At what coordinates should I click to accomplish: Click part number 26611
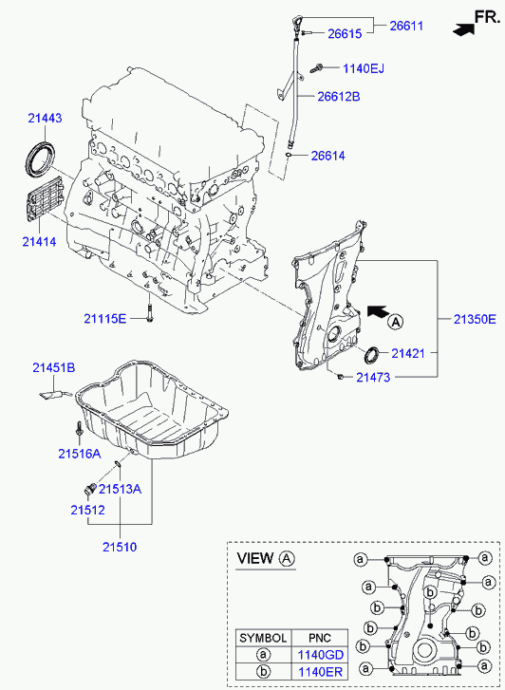click(406, 26)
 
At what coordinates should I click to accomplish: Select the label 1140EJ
click(364, 68)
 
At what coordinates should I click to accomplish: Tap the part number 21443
click(45, 118)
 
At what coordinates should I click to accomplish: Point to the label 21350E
click(475, 319)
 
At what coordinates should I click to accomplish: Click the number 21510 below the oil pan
click(120, 547)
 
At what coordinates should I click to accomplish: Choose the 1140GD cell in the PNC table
click(320, 655)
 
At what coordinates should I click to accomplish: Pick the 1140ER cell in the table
click(320, 672)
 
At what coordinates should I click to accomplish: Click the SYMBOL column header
click(263, 638)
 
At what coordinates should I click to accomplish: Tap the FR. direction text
click(487, 17)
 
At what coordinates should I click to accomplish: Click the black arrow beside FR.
click(463, 30)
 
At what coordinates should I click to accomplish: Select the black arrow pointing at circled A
click(378, 311)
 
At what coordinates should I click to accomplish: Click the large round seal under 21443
click(40, 159)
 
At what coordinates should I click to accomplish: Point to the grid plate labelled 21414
click(45, 199)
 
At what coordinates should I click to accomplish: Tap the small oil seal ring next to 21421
click(372, 355)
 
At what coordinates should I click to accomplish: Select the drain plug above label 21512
click(89, 489)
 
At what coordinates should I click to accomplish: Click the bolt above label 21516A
click(79, 429)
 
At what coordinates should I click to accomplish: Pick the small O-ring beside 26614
click(289, 155)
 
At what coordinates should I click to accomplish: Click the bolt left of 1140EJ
click(316, 67)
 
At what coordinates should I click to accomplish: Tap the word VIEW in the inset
click(255, 558)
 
